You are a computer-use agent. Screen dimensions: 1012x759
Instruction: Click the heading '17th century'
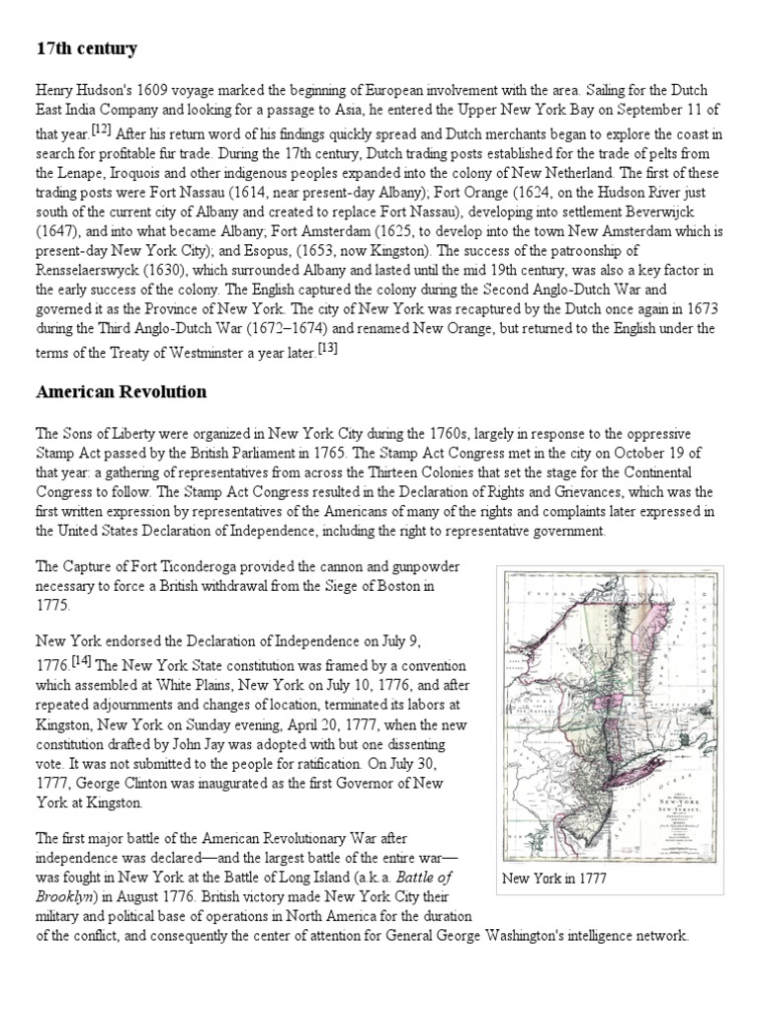pos(86,48)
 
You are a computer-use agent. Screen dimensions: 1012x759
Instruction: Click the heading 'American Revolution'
pos(121,391)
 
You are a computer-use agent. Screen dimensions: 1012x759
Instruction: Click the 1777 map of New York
pos(613,715)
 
